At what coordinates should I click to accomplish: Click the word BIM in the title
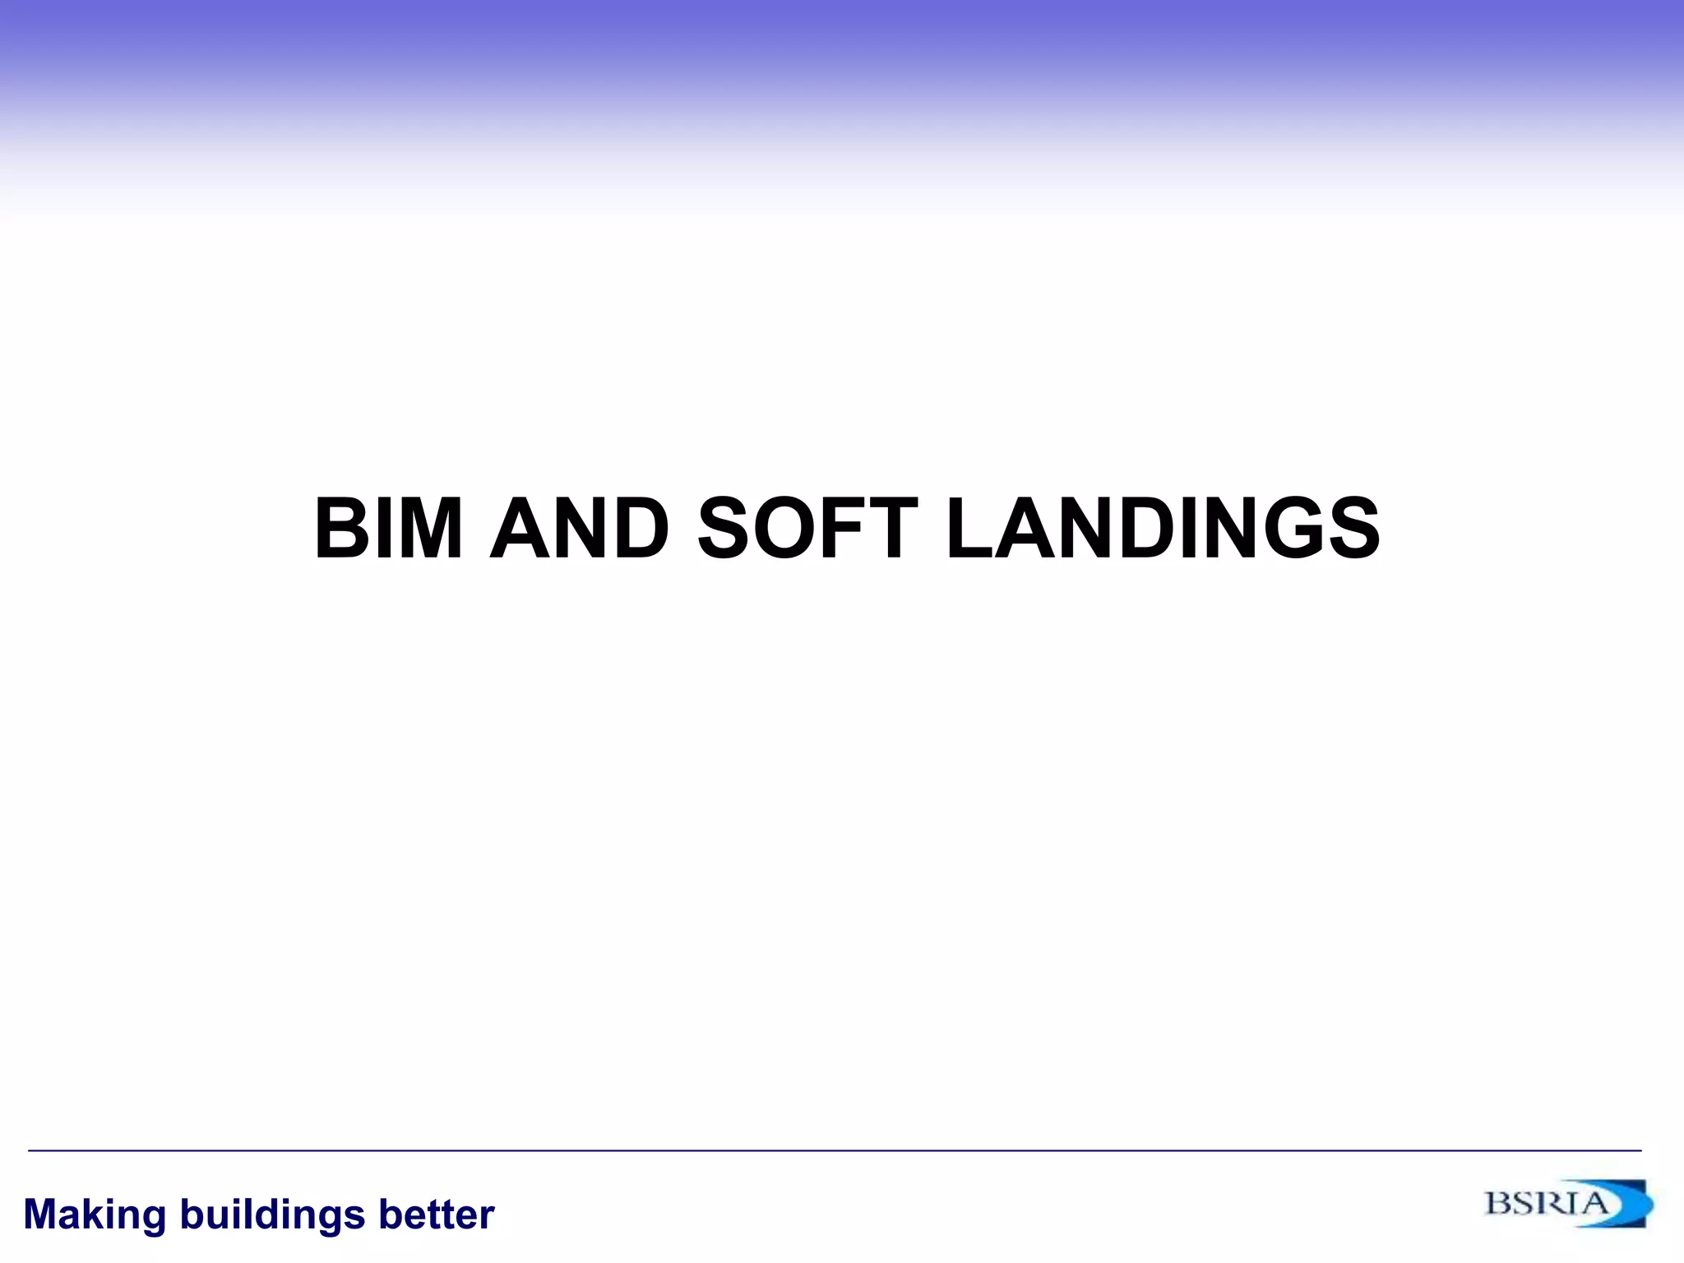(x=388, y=529)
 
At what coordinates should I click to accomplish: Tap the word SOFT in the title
(x=807, y=529)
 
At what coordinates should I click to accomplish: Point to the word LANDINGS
(x=1163, y=529)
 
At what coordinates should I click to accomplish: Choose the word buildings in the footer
(x=271, y=1215)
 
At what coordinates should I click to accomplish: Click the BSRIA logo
(x=1566, y=1205)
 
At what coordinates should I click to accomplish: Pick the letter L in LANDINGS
(x=970, y=529)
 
